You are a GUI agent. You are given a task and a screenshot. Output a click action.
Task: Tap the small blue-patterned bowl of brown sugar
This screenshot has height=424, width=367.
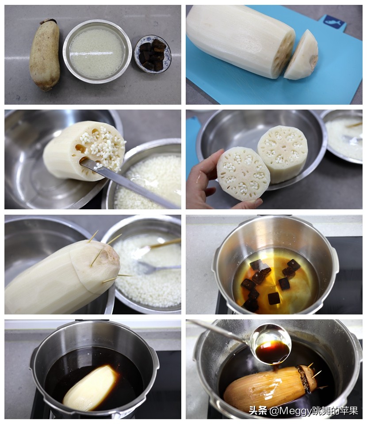pyautogui.click(x=153, y=54)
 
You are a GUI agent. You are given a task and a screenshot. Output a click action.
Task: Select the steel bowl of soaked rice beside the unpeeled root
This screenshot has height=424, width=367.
pyautogui.click(x=97, y=51)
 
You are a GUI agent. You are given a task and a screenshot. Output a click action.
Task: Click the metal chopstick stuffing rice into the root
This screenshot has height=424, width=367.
pyautogui.click(x=130, y=182)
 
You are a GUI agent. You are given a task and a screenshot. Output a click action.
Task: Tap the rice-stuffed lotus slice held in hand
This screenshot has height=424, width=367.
pyautogui.click(x=243, y=174)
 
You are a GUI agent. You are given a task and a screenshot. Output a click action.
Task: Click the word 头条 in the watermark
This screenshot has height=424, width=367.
pyautogui.click(x=258, y=411)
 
